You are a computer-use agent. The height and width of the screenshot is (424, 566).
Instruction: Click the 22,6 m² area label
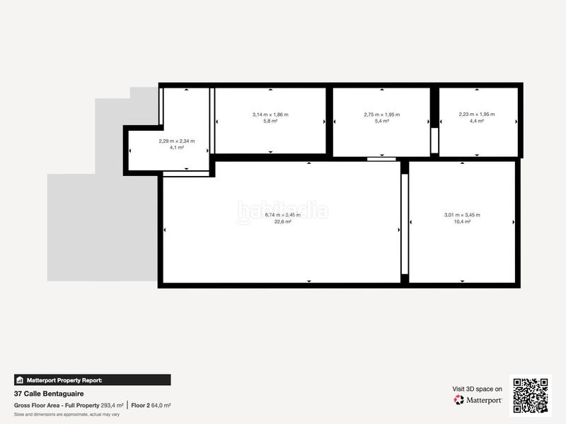(x=283, y=222)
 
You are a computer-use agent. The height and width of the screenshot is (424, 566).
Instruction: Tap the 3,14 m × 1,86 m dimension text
(x=270, y=114)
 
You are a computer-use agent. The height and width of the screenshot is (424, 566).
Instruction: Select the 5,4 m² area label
(x=381, y=121)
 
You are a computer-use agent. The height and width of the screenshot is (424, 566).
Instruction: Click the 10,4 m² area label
(x=462, y=222)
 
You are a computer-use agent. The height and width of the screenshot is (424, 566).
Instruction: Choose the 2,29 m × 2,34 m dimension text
(x=176, y=141)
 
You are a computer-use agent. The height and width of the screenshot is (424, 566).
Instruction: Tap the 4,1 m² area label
(x=176, y=148)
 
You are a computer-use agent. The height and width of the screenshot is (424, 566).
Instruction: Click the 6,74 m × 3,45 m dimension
(x=283, y=215)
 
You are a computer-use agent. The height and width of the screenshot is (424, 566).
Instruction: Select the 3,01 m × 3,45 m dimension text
(x=462, y=215)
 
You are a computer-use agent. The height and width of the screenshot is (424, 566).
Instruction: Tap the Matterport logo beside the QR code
(x=478, y=400)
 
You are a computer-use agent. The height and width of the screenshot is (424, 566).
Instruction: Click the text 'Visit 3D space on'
(x=478, y=389)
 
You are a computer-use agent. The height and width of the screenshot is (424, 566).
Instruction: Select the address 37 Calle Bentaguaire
(x=47, y=394)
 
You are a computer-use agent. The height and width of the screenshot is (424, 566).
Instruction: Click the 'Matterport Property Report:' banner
(x=92, y=379)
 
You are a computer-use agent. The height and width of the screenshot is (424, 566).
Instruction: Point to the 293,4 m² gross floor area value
(x=112, y=405)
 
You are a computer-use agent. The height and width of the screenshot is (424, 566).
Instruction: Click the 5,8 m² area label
(x=270, y=121)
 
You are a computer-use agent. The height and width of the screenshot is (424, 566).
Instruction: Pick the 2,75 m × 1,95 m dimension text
(x=381, y=114)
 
